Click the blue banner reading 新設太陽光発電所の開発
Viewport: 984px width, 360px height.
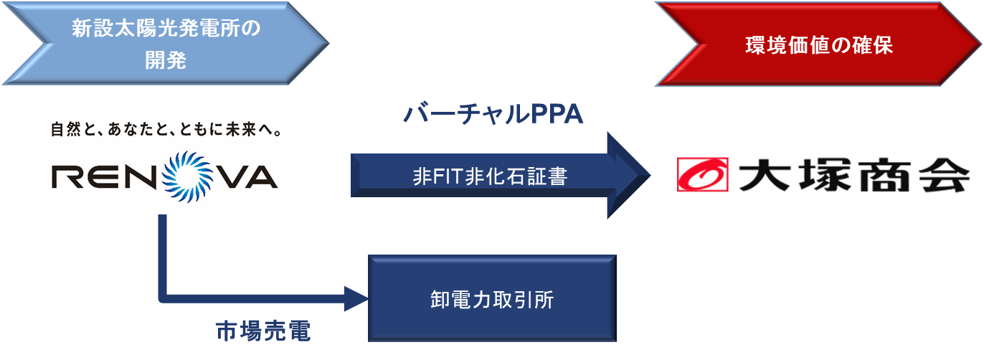tap(166, 44)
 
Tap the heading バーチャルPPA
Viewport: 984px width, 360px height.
tap(493, 114)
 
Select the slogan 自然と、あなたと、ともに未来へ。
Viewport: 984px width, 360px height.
tap(164, 132)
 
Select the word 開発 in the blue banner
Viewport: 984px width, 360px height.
tap(166, 61)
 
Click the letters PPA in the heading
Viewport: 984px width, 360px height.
tap(557, 114)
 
